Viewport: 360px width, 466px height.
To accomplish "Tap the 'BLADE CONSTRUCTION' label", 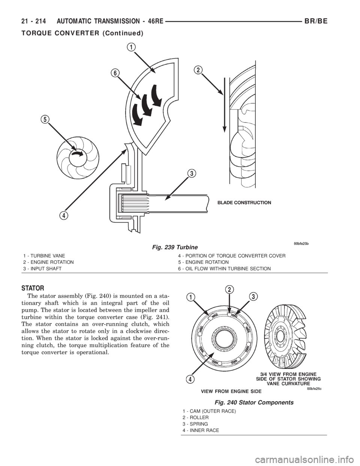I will click(244, 202).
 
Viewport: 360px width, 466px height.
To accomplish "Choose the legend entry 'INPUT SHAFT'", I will click(46, 269).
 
